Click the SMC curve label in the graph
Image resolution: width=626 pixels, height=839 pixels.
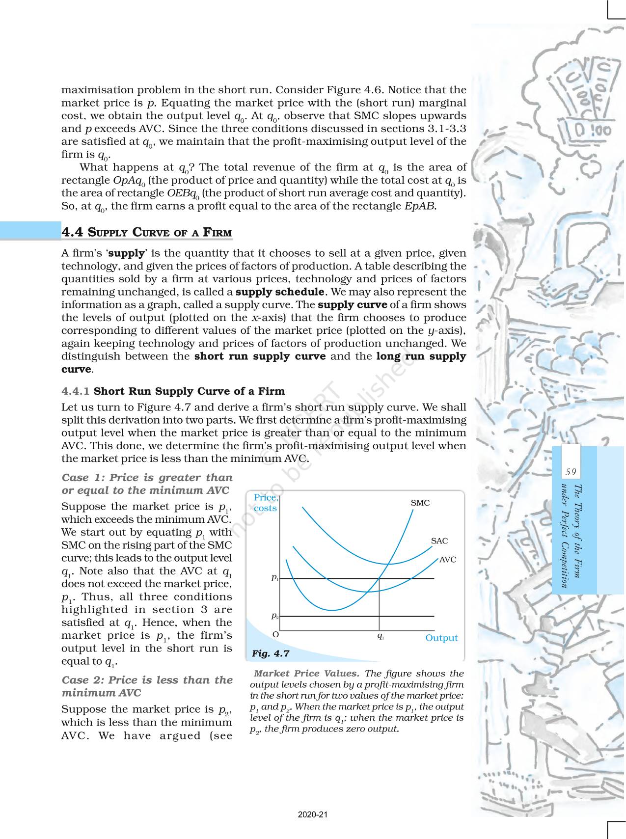pyautogui.click(x=420, y=503)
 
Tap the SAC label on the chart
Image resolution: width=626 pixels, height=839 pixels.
pyautogui.click(x=439, y=541)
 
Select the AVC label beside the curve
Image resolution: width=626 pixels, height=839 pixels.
pyautogui.click(x=448, y=560)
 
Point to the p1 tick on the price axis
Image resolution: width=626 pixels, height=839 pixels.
pyautogui.click(x=275, y=578)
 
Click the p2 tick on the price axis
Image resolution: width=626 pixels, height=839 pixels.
pyautogui.click(x=275, y=615)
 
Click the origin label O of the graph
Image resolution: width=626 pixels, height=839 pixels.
pyautogui.click(x=275, y=634)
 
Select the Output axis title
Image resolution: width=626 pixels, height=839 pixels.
pyautogui.click(x=441, y=638)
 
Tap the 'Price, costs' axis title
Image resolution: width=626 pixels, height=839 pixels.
pyautogui.click(x=266, y=503)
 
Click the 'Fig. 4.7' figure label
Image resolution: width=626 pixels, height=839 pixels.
pyautogui.click(x=271, y=653)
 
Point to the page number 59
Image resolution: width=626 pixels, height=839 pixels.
pyautogui.click(x=571, y=472)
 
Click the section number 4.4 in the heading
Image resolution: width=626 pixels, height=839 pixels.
pyautogui.click(x=72, y=232)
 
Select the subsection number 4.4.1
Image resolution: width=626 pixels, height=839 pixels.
pyautogui.click(x=76, y=391)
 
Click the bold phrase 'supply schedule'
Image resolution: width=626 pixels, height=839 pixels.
pyautogui.click(x=279, y=292)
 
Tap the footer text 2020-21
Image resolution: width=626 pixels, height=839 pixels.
pyautogui.click(x=313, y=814)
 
